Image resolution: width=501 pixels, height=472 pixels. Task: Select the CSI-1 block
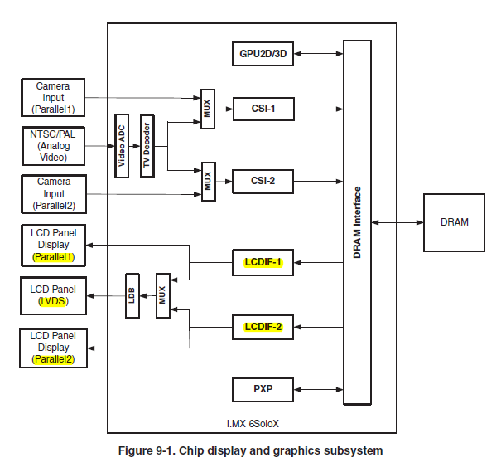tap(263, 109)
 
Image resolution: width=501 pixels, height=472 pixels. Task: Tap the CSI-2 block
tap(263, 180)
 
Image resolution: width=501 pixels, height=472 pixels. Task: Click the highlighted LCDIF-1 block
tap(263, 263)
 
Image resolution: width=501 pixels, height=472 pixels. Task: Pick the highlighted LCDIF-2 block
tap(263, 327)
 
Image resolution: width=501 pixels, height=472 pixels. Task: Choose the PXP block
tap(263, 388)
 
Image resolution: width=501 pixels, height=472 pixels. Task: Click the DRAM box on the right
tap(455, 222)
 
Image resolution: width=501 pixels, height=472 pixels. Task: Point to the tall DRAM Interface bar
tap(358, 222)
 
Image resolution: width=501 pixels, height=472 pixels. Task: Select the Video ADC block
tap(121, 146)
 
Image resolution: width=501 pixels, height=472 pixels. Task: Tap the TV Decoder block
tap(147, 146)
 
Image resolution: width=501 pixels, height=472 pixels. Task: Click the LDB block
tap(132, 296)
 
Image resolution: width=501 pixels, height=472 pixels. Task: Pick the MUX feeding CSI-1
tap(207, 109)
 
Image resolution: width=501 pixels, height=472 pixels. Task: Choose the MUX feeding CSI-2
tap(207, 181)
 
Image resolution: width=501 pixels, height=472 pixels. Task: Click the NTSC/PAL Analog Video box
tap(52, 145)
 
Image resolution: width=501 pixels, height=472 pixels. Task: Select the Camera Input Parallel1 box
tap(52, 98)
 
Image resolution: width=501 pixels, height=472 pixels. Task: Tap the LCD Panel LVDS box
tap(52, 295)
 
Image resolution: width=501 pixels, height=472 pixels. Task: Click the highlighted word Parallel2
tap(53, 360)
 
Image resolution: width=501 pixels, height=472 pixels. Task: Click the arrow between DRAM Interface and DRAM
tap(397, 222)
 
